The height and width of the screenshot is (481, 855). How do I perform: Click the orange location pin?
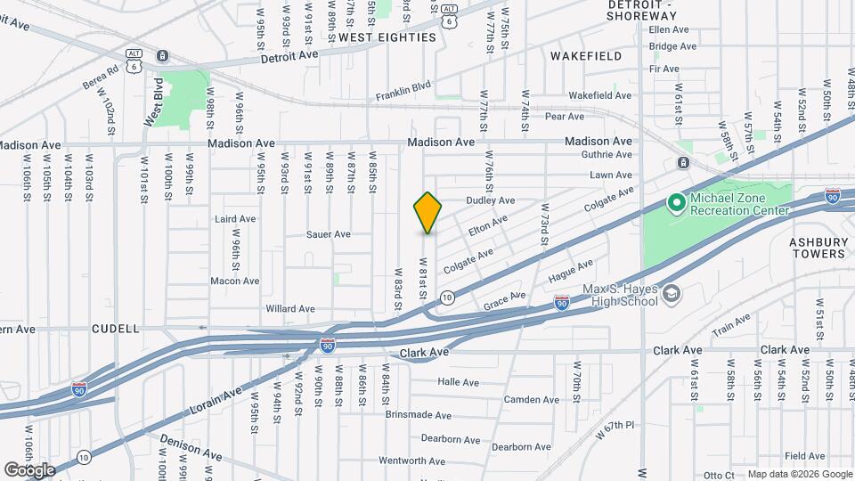pos(428,212)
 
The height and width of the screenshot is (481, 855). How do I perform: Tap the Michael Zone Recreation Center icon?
pos(676,204)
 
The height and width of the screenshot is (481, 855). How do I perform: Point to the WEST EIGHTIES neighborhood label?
pos(387,37)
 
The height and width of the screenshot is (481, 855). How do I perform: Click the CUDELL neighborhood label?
pos(116,329)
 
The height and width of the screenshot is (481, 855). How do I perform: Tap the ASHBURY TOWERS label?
pos(817,248)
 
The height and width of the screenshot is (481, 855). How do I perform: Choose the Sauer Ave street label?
pos(328,235)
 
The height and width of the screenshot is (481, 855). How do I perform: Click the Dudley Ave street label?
pos(491,201)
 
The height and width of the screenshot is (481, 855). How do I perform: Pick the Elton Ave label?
pos(487,224)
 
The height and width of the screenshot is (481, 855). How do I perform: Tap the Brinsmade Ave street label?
pos(419,415)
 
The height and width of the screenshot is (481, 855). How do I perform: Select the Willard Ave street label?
pos(290,309)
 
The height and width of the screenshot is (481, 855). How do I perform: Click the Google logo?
pos(29,469)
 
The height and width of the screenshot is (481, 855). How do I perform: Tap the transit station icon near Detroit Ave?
pos(163,56)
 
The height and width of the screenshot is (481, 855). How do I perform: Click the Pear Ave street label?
pos(564,117)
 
